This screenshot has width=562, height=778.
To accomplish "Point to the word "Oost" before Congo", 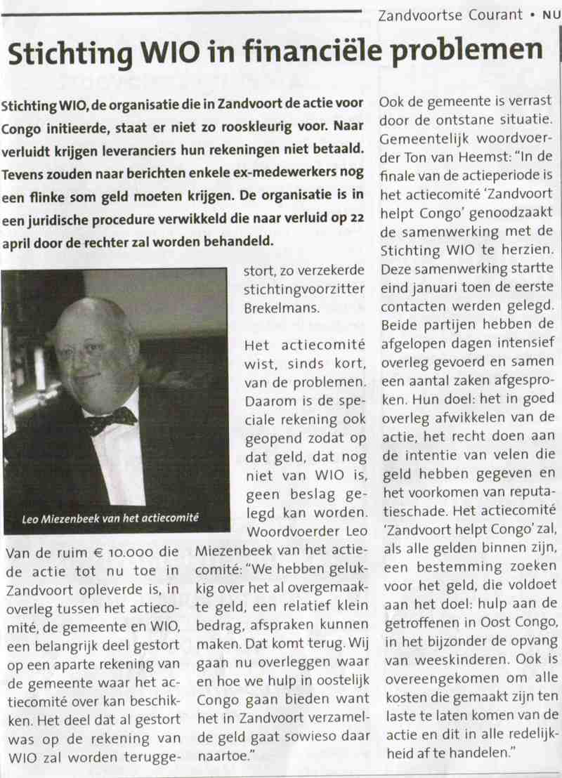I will click(x=478, y=641).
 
